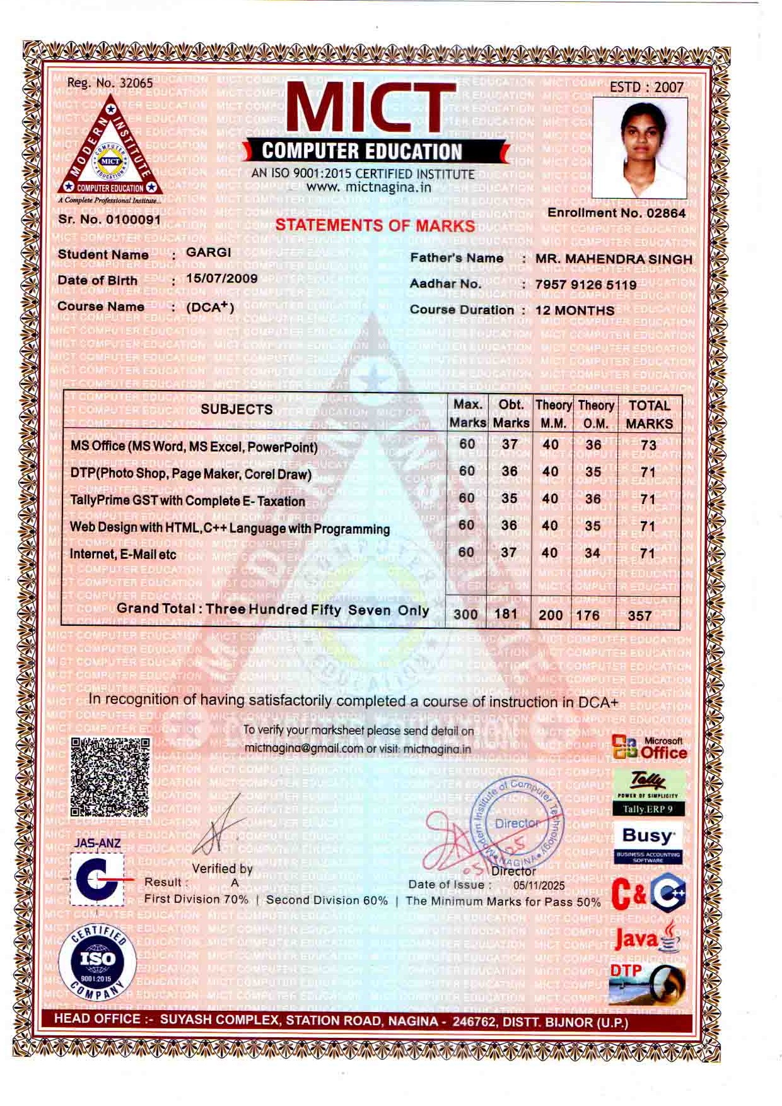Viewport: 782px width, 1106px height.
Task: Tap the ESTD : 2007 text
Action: point(646,87)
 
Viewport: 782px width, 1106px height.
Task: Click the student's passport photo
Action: point(640,147)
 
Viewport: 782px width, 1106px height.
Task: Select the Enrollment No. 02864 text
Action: point(616,213)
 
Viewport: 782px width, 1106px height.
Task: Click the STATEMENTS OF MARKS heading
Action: point(375,225)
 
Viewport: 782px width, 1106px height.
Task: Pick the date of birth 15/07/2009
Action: point(222,278)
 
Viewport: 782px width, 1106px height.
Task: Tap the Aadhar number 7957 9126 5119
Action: point(586,285)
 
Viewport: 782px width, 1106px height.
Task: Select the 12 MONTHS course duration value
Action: point(575,310)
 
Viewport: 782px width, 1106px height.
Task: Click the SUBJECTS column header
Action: point(236,409)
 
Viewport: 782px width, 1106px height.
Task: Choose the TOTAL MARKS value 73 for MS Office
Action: point(648,445)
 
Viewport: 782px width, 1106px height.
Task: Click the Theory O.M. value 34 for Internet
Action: point(592,553)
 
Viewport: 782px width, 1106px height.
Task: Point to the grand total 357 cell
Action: point(639,615)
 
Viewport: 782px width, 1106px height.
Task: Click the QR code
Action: point(110,777)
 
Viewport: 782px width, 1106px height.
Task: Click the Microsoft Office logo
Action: point(650,748)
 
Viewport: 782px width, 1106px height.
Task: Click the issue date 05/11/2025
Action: point(539,886)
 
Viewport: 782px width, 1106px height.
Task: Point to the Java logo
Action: point(646,939)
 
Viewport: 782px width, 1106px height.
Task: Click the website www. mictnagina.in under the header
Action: point(369,187)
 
